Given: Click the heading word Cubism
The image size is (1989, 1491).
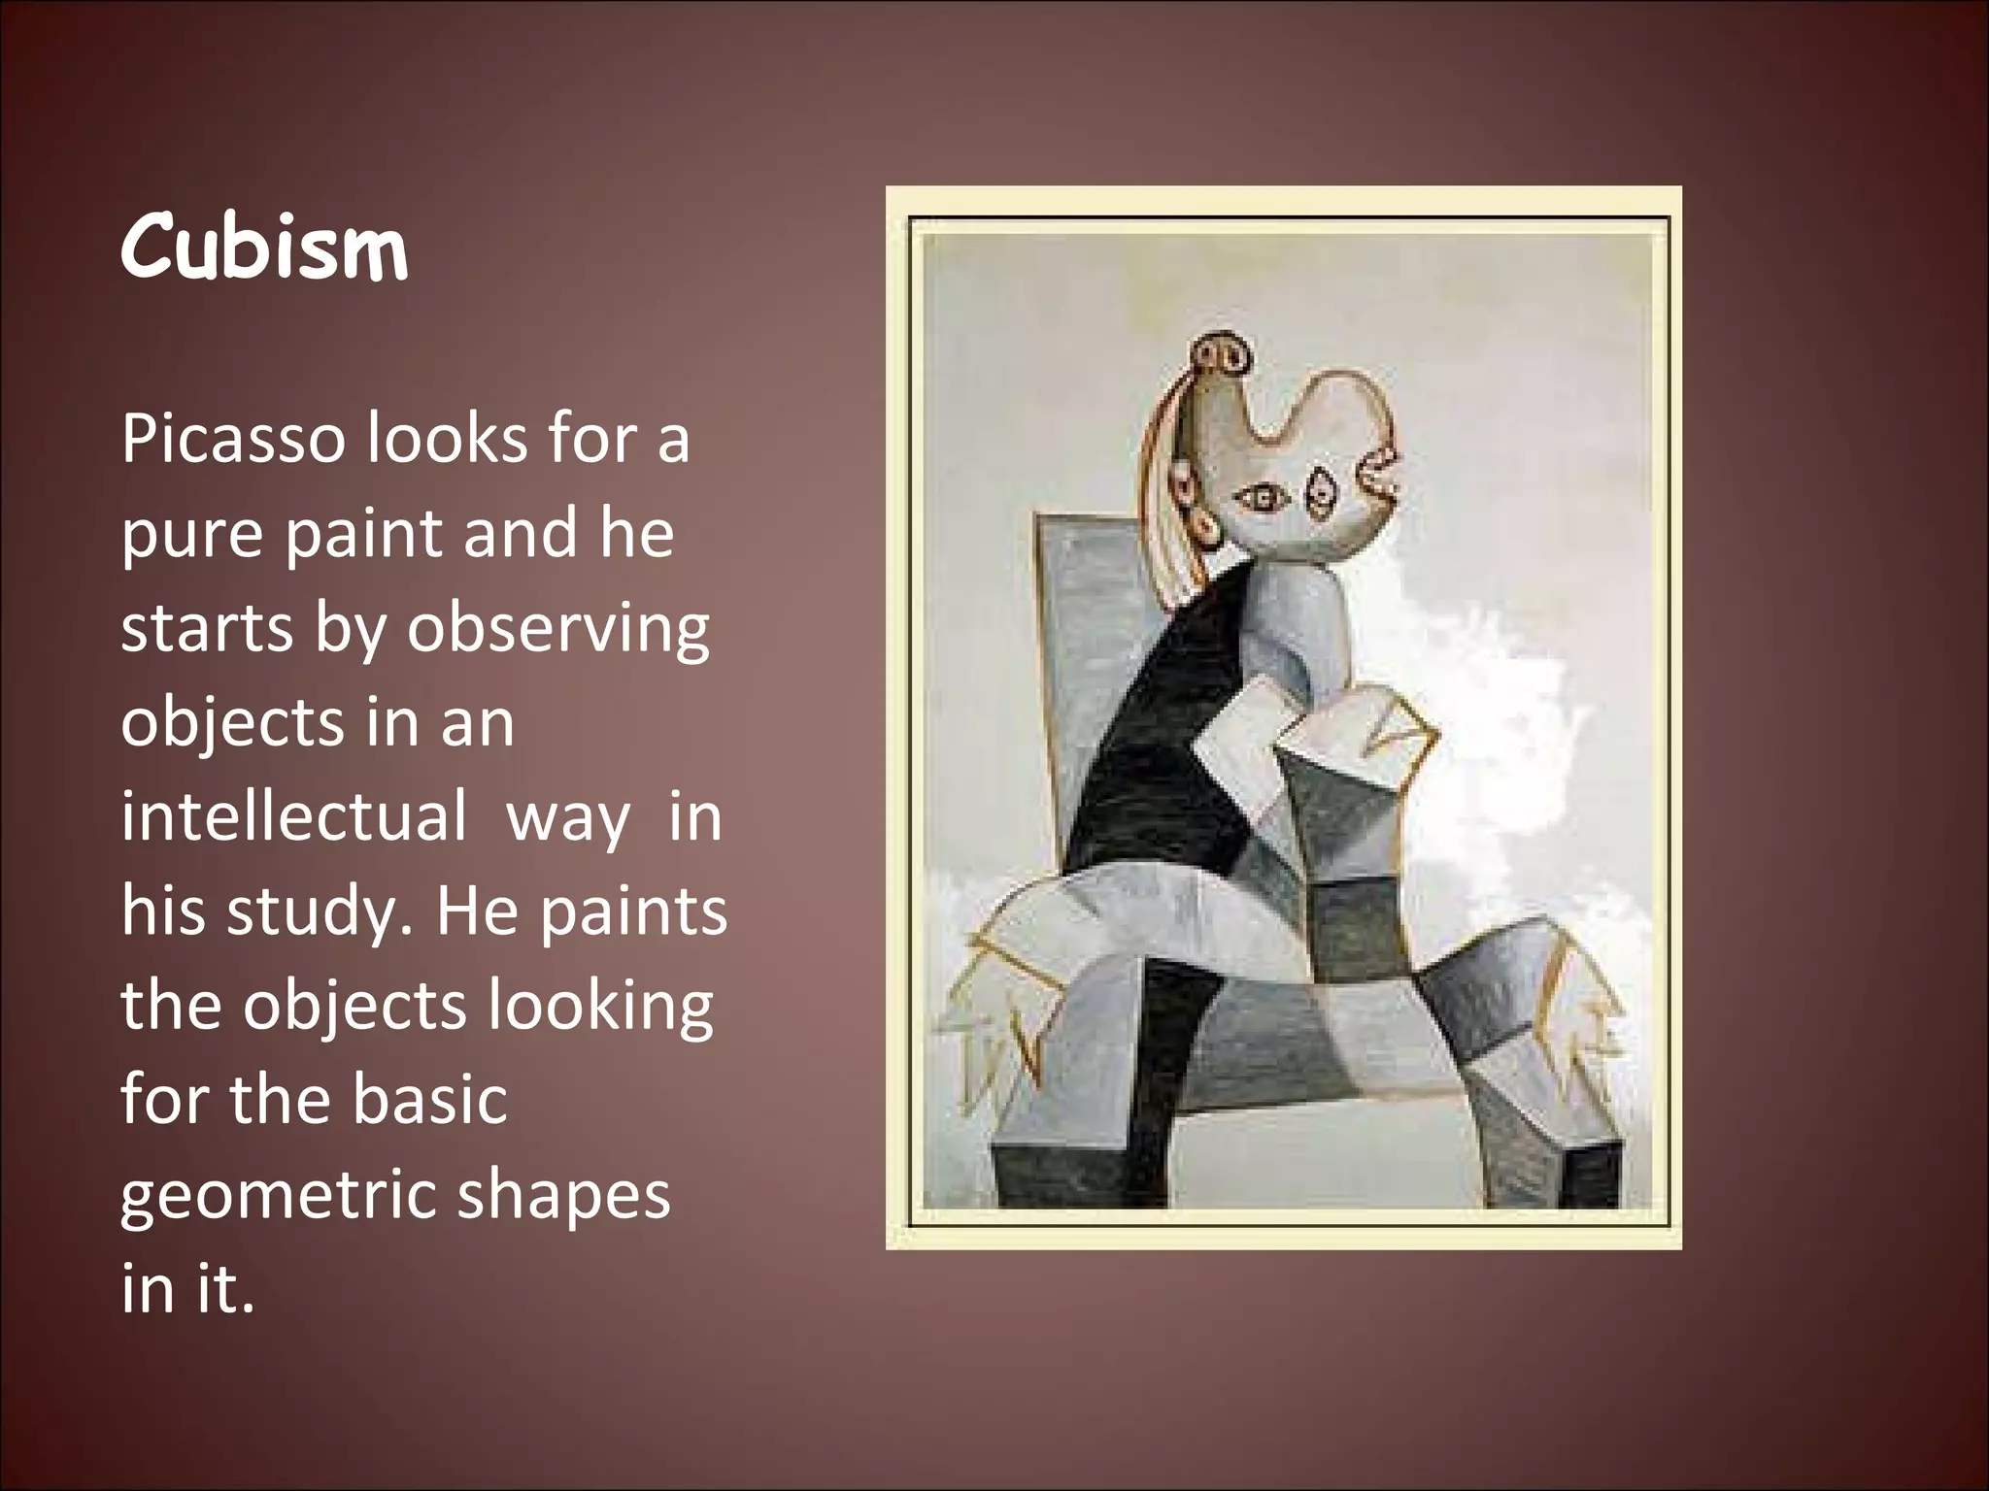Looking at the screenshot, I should [x=264, y=249].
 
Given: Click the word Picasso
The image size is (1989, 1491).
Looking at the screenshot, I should [x=233, y=440].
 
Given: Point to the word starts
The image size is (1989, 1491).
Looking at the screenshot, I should [x=205, y=629].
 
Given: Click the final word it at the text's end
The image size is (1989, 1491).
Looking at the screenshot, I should [x=221, y=1289].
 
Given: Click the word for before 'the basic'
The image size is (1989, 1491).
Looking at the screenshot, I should [x=163, y=1100].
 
